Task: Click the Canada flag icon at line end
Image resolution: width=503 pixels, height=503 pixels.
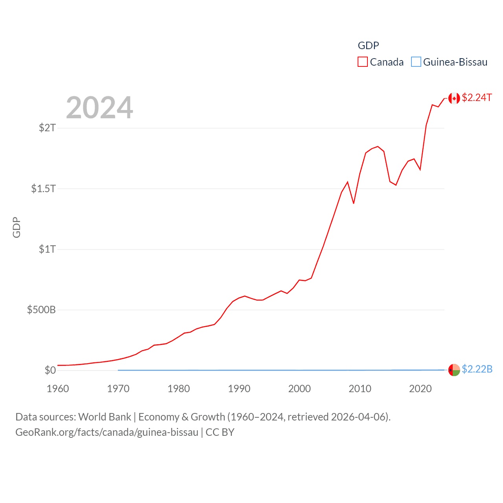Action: coord(454,98)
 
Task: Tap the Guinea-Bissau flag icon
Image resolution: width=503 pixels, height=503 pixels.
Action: coord(454,370)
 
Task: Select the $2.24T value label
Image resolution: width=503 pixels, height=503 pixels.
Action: coord(477,97)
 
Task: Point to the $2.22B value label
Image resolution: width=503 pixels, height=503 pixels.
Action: coord(477,369)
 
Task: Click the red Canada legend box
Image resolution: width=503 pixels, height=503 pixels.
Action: coord(362,62)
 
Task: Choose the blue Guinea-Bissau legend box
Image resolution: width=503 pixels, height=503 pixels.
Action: coord(416,62)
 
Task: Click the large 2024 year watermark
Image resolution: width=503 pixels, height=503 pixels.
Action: coord(99,108)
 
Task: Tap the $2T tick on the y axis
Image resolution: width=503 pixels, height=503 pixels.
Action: coord(47,128)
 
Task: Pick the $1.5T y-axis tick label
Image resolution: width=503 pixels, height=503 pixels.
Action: coord(43,189)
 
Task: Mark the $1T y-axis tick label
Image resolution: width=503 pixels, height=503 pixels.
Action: coord(47,249)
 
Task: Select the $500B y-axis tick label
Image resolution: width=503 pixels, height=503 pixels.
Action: coord(41,310)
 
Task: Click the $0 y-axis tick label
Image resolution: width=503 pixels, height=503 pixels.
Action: coord(50,370)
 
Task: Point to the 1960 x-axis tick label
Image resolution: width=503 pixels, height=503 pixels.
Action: coord(58,389)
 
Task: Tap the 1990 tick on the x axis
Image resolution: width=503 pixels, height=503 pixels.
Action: coord(239,389)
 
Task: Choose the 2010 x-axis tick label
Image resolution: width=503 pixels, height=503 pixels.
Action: coord(360,389)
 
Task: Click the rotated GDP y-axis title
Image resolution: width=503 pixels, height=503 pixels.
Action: coord(17,227)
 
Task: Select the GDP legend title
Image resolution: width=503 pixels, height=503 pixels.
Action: coord(368,46)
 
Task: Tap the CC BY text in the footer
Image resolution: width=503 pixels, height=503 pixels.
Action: coord(220,432)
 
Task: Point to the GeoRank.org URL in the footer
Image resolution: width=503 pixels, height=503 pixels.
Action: coord(107,432)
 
